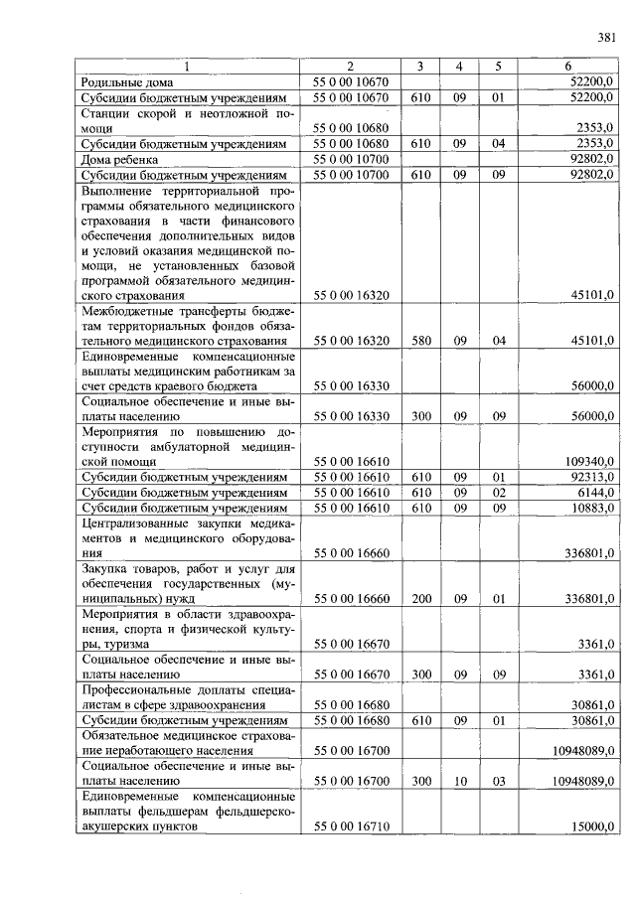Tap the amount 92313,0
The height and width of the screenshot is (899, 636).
coord(593,478)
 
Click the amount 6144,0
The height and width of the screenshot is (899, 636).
coord(596,493)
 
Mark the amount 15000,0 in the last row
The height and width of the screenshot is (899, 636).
coord(593,826)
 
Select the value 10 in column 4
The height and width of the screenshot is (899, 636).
coord(460,782)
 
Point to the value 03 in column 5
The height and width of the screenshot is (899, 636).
coord(498,782)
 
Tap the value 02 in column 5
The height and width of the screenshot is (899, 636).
coord(498,493)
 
